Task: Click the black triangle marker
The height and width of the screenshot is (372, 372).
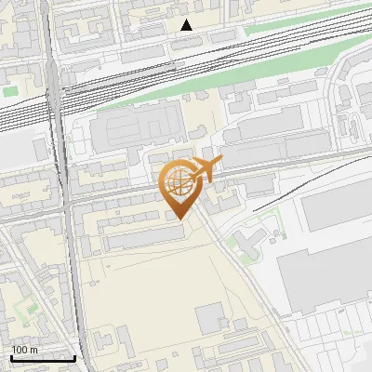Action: [187, 25]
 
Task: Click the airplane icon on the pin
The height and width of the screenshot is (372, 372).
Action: [206, 169]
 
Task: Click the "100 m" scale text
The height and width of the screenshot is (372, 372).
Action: [25, 350]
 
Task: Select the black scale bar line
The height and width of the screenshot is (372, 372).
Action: [43, 358]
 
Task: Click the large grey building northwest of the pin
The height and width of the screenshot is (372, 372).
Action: [135, 130]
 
